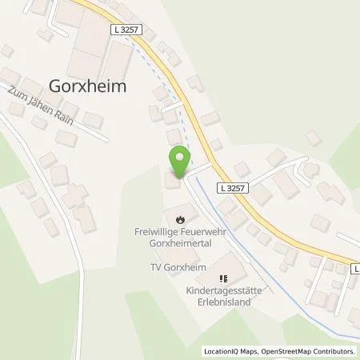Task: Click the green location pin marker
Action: pos(179,160)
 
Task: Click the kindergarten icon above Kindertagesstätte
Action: pos(224,278)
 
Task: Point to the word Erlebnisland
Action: pos(225,302)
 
